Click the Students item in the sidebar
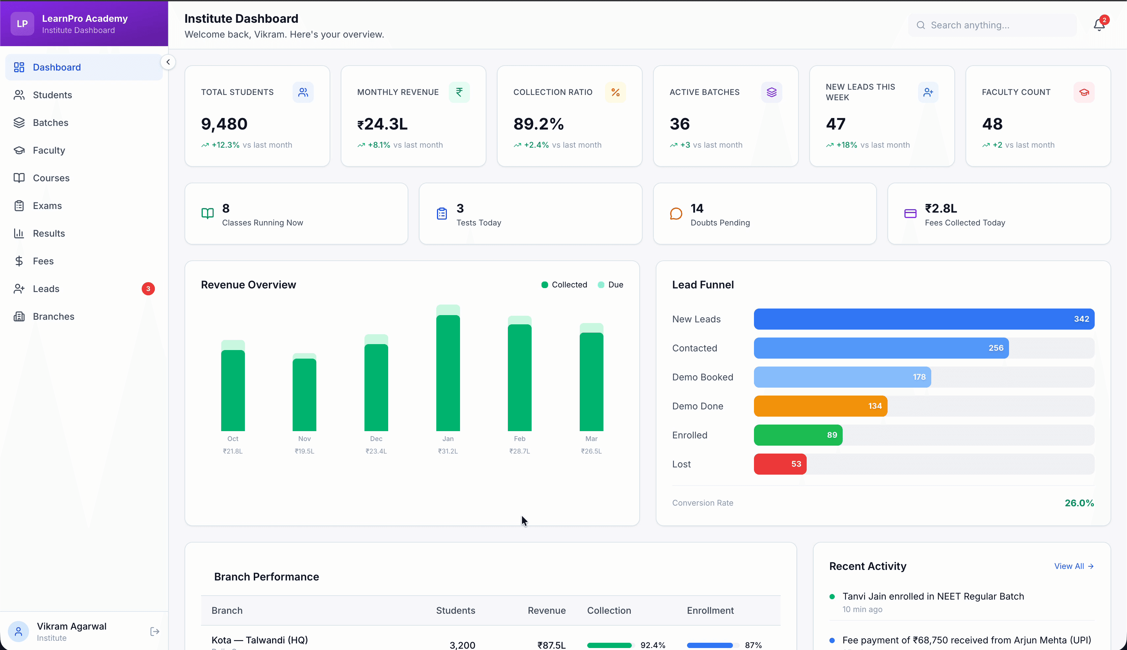(x=52, y=95)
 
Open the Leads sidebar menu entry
(x=46, y=289)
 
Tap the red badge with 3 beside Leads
(x=148, y=289)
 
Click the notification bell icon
(x=1099, y=25)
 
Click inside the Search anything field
(x=995, y=25)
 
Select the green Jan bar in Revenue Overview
(x=448, y=373)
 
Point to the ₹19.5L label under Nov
(x=304, y=451)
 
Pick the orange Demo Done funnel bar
(x=820, y=406)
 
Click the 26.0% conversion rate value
(x=1079, y=503)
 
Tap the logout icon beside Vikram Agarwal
(x=155, y=632)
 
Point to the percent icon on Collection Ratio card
(x=615, y=92)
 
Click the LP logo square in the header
(x=22, y=24)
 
